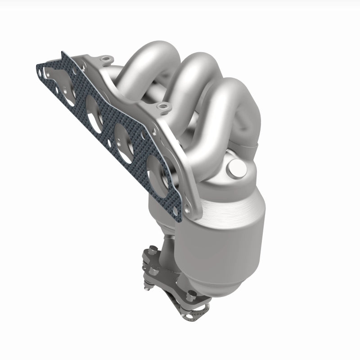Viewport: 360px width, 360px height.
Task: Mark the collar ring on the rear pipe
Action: coord(252,144)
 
